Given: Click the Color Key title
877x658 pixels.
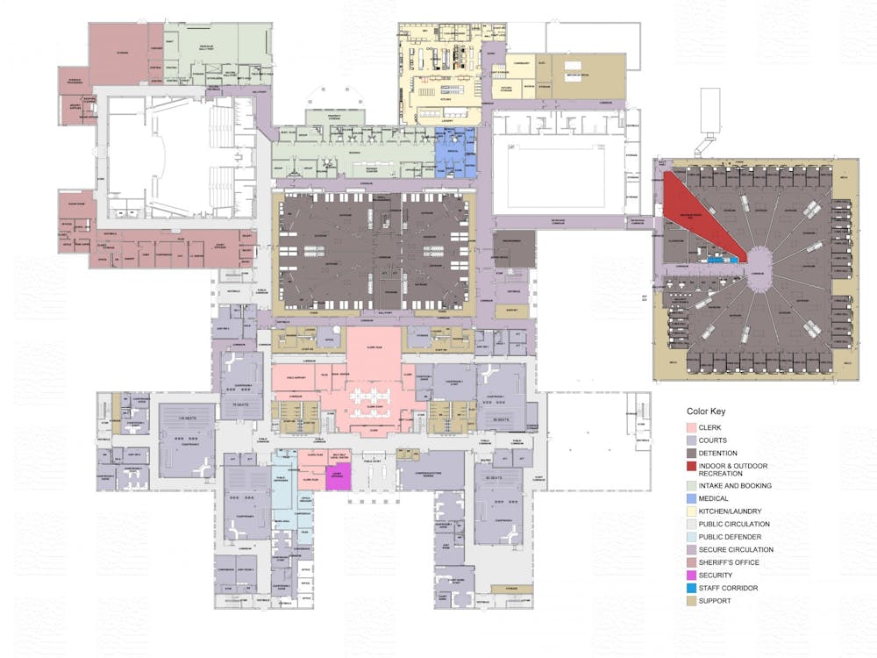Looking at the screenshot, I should point(706,411).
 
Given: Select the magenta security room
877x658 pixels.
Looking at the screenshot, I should point(338,476).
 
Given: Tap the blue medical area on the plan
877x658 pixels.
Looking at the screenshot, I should point(455,152).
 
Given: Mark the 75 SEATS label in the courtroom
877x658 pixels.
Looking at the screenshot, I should point(242,404).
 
